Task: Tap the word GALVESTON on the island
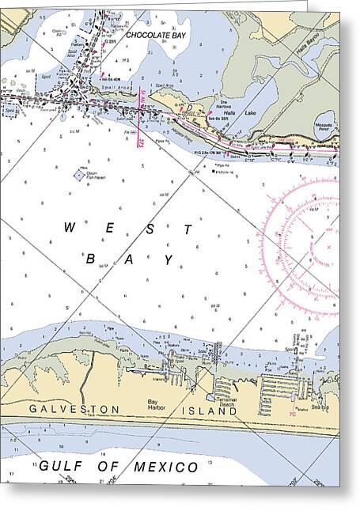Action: pos(74,409)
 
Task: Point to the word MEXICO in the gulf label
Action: pos(166,467)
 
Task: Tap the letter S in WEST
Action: pos(149,228)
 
